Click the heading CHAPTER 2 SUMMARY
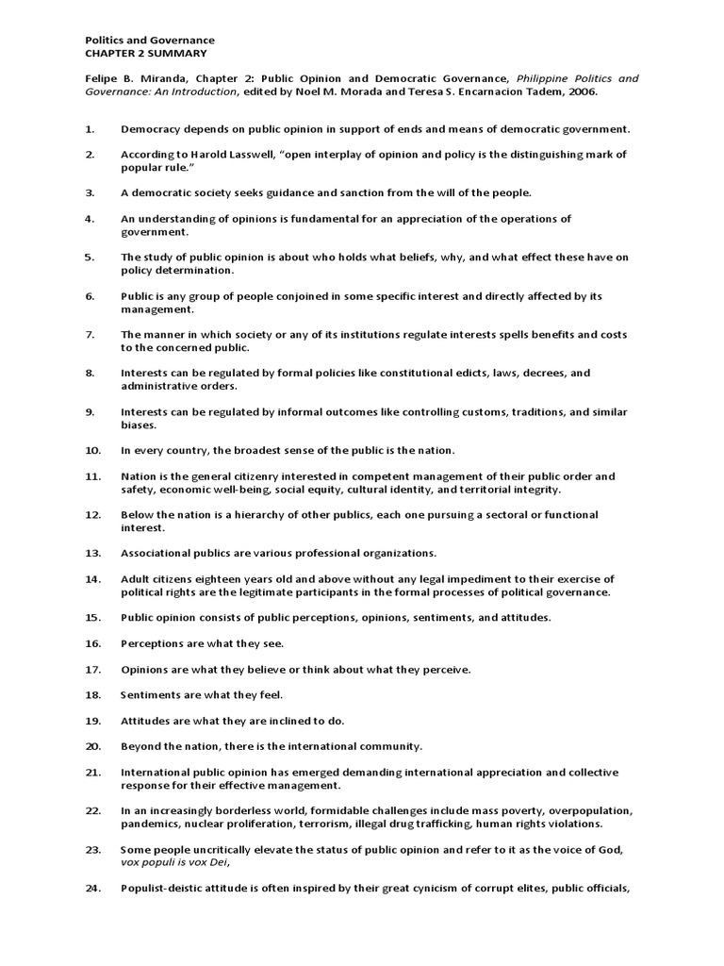146,54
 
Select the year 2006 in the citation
582,92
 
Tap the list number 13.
92,553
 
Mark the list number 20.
92,746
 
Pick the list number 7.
90,334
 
